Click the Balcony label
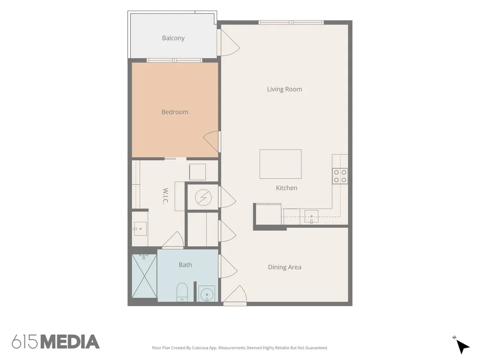coord(173,38)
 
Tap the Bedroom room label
coord(175,112)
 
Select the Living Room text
coord(285,89)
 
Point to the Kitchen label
coord(286,188)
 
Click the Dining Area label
coord(285,267)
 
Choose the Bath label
coord(185,265)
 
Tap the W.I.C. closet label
coord(165,196)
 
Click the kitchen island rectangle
coord(280,164)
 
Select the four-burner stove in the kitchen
coord(340,176)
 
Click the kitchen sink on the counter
coord(311,217)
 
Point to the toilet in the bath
coord(182,292)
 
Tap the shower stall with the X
coord(144,276)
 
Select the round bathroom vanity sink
coord(207,294)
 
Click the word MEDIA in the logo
coord(70,342)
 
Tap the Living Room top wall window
coord(291,22)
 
